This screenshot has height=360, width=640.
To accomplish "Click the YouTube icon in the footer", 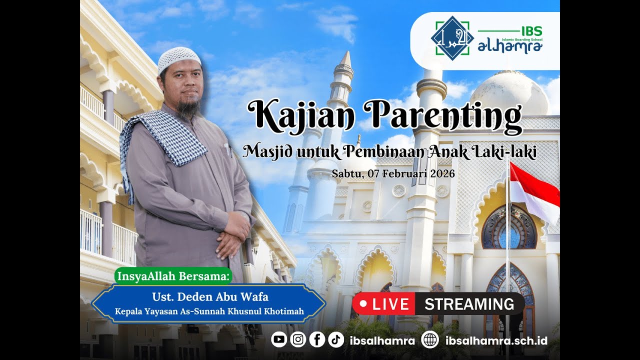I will click(x=279, y=340).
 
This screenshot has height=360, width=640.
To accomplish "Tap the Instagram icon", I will click(x=298, y=340).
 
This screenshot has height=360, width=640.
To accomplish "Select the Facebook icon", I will click(x=317, y=340).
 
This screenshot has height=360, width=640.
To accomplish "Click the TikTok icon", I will click(x=336, y=340).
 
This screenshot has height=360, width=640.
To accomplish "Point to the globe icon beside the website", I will click(x=429, y=340).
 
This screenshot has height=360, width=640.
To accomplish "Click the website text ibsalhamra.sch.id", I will click(x=496, y=341).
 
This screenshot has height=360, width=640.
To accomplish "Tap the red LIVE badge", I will click(x=383, y=304).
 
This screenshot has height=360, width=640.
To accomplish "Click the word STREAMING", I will click(x=469, y=304).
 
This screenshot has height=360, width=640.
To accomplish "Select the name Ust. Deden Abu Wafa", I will click(x=210, y=297).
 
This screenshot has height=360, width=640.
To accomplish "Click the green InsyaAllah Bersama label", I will click(x=173, y=275).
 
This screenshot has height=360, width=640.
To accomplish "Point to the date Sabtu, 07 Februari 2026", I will click(x=393, y=174).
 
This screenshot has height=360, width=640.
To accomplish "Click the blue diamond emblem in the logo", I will click(x=452, y=38).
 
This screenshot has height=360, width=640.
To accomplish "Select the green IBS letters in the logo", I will click(x=531, y=31).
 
